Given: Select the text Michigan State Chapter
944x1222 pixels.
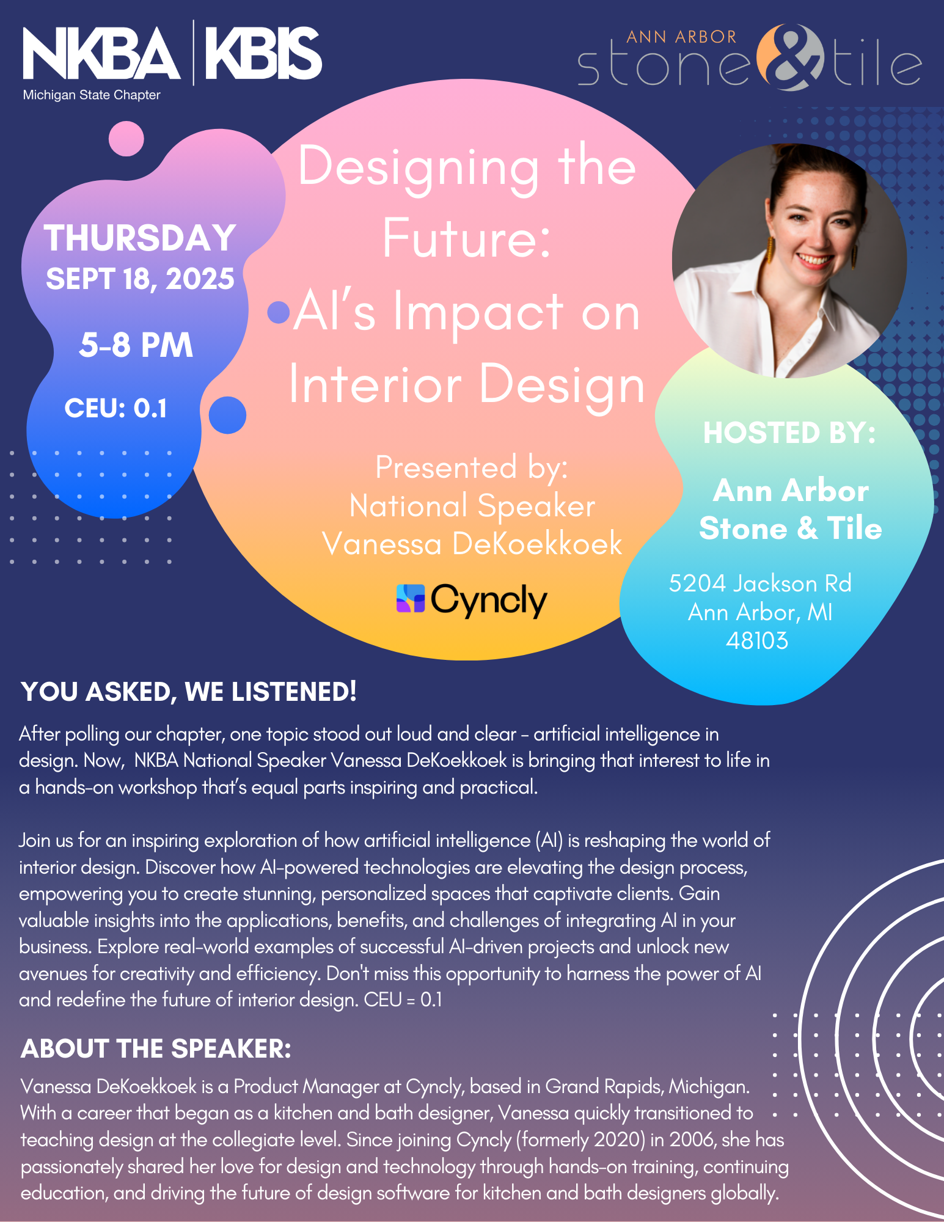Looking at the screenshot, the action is coord(92,95).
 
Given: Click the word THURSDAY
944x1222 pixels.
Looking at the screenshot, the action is coord(140,238).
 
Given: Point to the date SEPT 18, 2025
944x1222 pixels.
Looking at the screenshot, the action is coord(140,279).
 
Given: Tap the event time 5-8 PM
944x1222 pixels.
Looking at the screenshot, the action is coord(136,345).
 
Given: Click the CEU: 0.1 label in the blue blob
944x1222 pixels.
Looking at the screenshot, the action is coord(116,408).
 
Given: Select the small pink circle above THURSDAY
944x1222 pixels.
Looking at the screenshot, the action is coord(126,139).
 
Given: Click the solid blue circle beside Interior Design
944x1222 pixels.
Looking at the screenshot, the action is coord(227,415).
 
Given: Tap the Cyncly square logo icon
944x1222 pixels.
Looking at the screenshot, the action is coord(411,598).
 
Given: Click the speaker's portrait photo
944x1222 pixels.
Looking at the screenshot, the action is coord(789,261).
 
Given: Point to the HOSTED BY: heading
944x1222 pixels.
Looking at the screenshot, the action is coord(789,433).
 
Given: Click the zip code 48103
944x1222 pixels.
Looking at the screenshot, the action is coord(757,641).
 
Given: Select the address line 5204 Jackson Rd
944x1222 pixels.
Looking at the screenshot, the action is coord(760,584).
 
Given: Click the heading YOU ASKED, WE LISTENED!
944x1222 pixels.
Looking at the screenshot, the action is coord(189,692).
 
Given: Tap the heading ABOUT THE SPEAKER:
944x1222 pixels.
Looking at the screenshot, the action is coord(156,1048).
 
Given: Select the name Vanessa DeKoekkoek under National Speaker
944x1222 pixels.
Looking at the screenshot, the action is coord(472,543).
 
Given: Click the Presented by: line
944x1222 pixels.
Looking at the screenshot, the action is coord(472,468).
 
